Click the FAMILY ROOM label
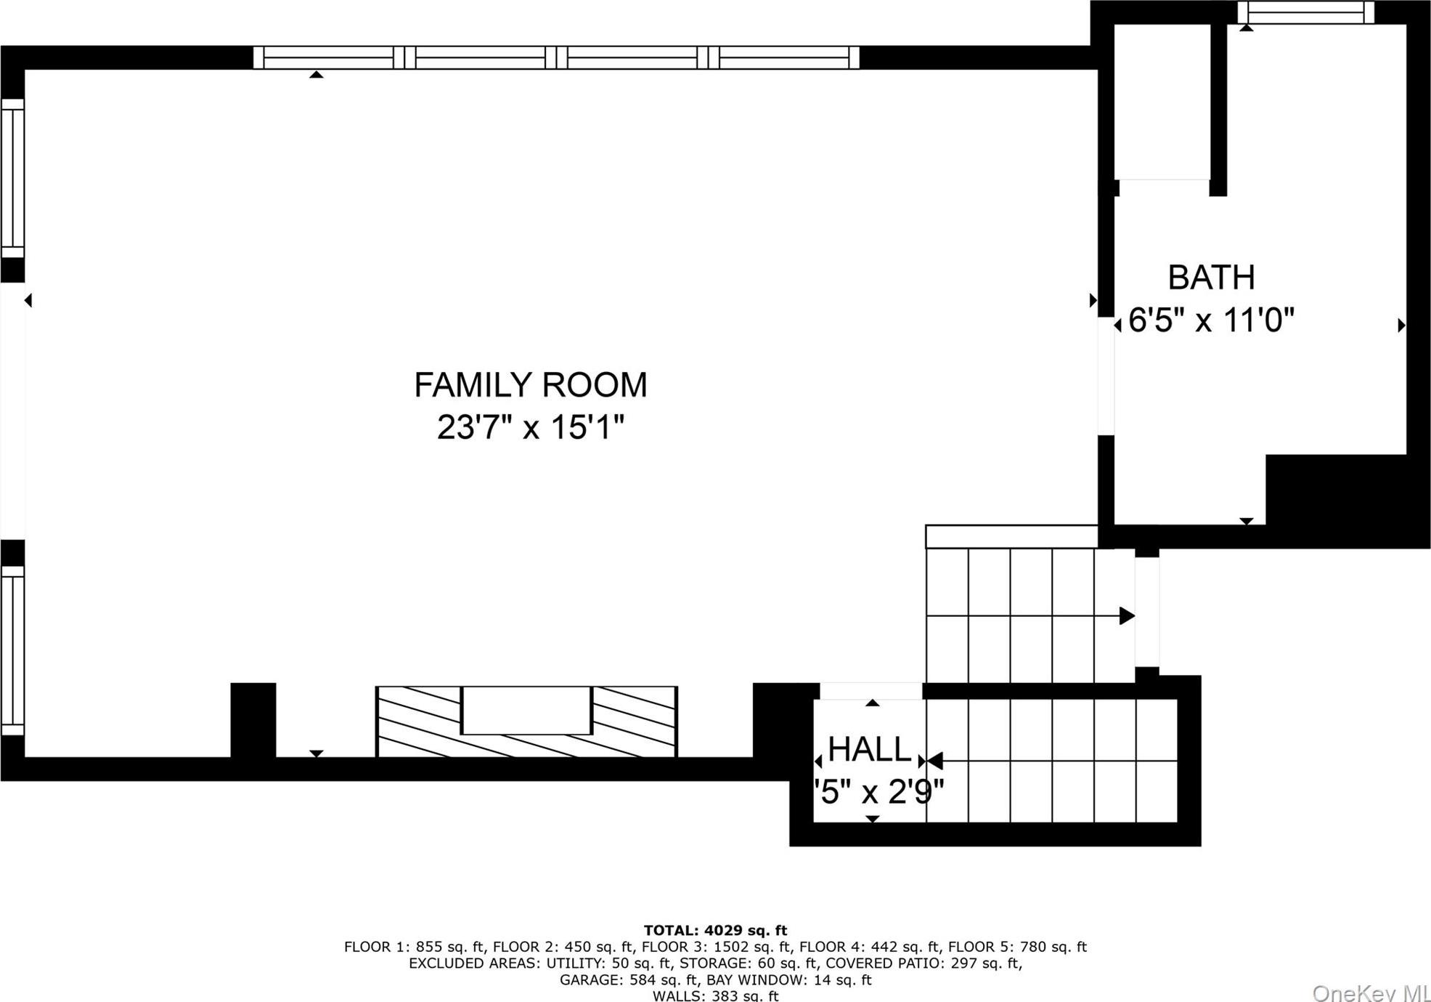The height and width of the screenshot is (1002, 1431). click(530, 385)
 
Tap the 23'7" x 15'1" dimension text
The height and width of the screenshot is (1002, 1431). click(530, 427)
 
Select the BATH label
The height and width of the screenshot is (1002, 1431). click(1211, 278)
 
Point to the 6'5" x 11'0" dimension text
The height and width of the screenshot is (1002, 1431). click(1211, 320)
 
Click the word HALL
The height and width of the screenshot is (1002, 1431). click(868, 749)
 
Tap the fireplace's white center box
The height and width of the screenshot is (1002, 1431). click(526, 710)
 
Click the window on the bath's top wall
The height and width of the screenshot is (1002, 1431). click(1305, 12)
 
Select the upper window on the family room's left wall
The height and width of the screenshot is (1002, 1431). click(12, 178)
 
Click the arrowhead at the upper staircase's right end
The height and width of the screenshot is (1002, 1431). click(1127, 616)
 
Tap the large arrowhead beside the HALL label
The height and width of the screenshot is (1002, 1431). click(935, 761)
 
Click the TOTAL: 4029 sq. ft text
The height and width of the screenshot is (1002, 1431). click(715, 930)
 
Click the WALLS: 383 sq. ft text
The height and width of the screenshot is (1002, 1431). click(715, 995)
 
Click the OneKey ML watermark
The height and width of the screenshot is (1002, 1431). click(1371, 993)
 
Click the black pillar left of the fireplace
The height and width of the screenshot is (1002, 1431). click(253, 719)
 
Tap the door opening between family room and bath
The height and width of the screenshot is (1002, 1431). click(1106, 376)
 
